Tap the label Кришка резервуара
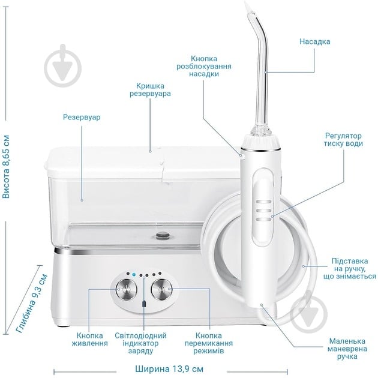pyautogui.click(x=150, y=90)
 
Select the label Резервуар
pyautogui.click(x=82, y=118)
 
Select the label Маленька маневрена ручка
pyautogui.click(x=344, y=349)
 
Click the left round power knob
pyautogui.click(x=126, y=289)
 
